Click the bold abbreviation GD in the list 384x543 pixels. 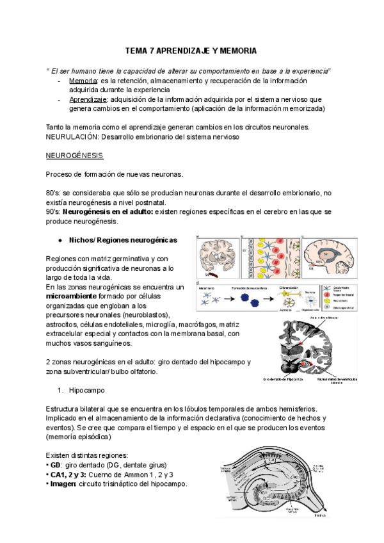[x=56, y=465]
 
